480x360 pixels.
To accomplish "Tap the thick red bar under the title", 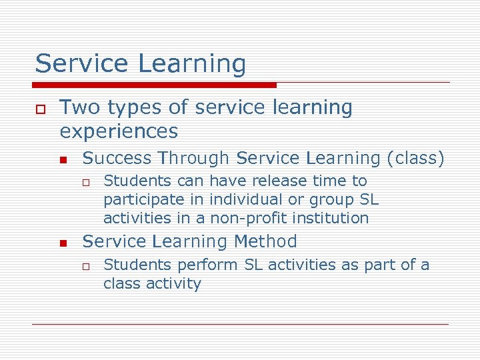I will click(x=155, y=85).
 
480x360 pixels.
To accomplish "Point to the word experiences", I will click(x=119, y=131).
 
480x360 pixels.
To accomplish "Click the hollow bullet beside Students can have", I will click(x=87, y=182).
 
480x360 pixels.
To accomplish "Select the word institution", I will click(x=331, y=218).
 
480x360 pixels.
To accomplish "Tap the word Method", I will click(x=265, y=241).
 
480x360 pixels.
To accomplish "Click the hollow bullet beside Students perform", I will click(x=87, y=266).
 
